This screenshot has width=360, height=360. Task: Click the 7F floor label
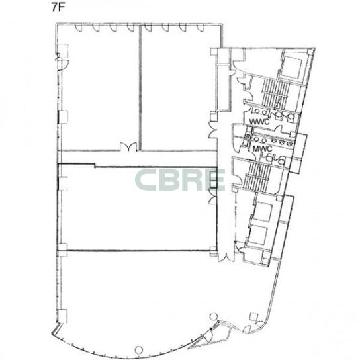coord(58,7)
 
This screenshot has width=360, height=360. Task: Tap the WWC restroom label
coord(259,122)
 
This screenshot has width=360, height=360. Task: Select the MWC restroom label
coord(263,148)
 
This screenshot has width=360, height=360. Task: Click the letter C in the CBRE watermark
coord(146,180)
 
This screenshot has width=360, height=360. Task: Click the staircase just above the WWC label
coord(275,93)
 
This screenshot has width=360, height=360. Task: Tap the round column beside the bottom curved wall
coord(138,350)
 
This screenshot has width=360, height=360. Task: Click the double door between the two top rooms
coord(128,147)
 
